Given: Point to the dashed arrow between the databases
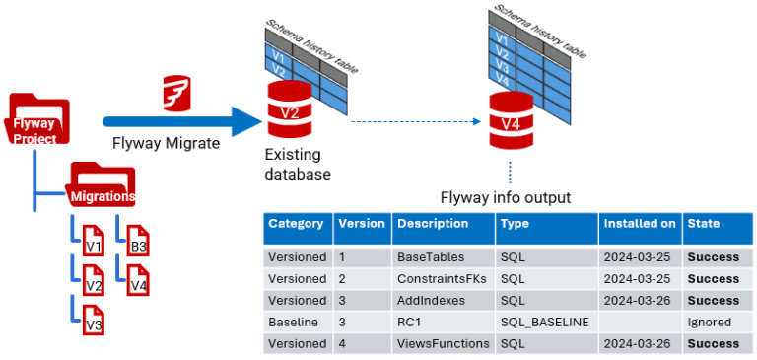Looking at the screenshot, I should coord(414,122).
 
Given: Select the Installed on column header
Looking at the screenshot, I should coord(639,224).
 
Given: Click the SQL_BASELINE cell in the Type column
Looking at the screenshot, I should coord(545,322).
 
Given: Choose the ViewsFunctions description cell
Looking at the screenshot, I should coord(443,343).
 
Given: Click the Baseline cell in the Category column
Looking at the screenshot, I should coord(297,322).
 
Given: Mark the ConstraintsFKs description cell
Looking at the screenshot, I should coord(443,278).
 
